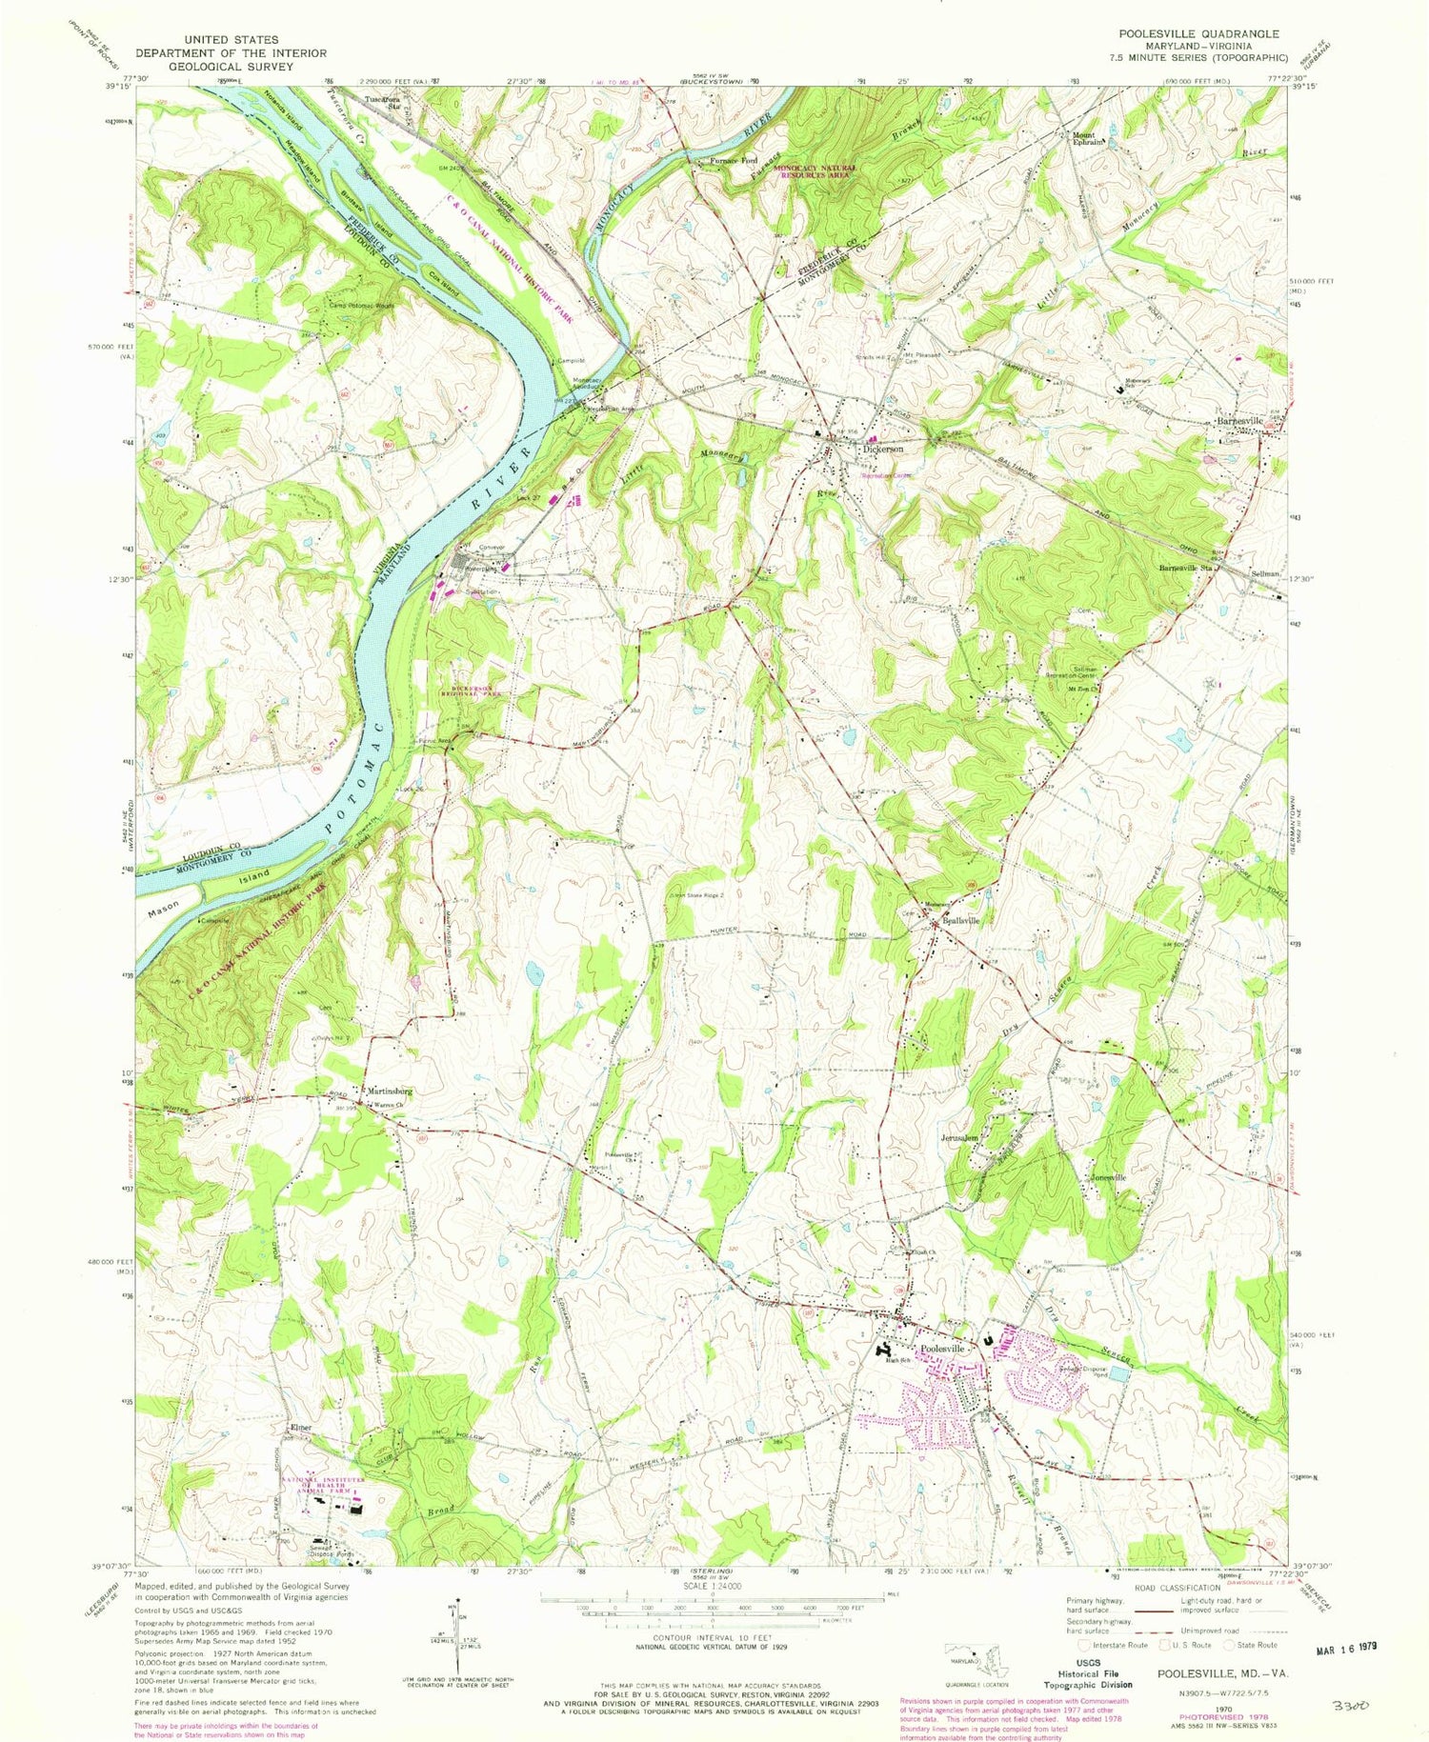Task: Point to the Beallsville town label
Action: [961, 921]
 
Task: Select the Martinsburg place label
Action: [386, 1091]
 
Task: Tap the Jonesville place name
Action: [1108, 1178]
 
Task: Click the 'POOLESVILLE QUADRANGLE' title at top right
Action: [1199, 33]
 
